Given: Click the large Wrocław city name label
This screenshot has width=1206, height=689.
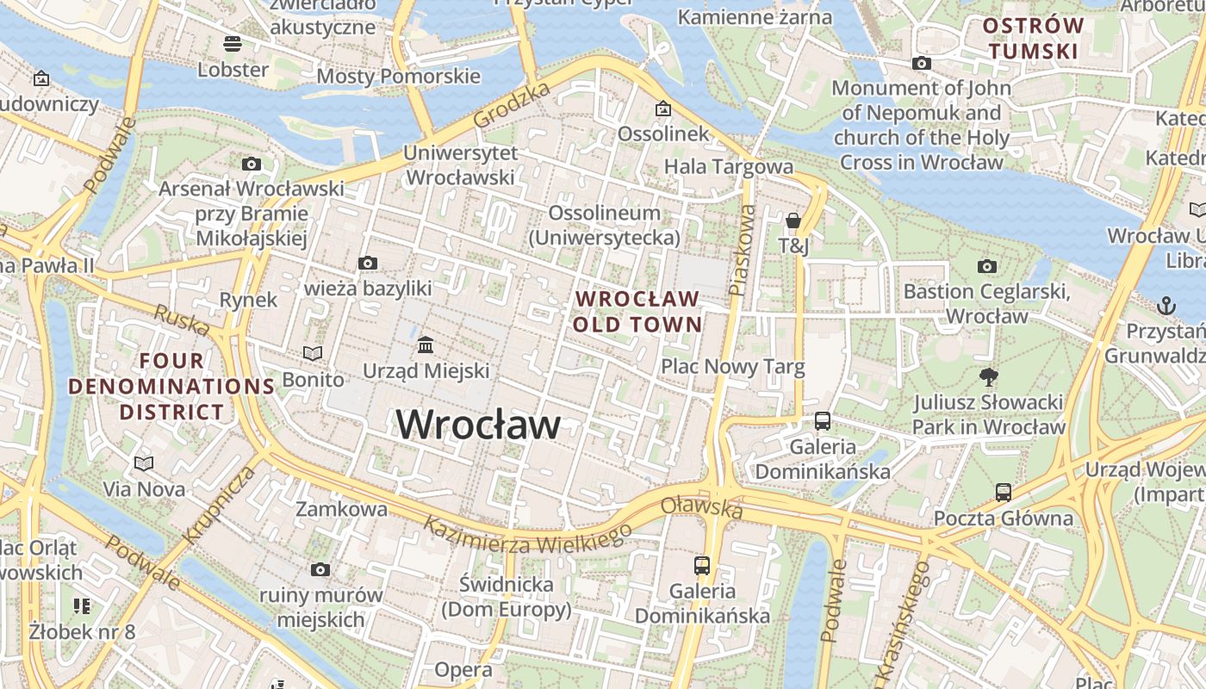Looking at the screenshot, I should pyautogui.click(x=478, y=425).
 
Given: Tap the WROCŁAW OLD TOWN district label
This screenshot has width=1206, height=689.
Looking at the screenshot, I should pyautogui.click(x=637, y=312).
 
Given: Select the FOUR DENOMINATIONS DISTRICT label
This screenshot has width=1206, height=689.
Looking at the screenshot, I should pyautogui.click(x=171, y=386).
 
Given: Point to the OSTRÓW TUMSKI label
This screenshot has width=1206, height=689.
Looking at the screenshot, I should pyautogui.click(x=1033, y=39).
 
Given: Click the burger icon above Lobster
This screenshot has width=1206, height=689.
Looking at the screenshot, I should pyautogui.click(x=233, y=43).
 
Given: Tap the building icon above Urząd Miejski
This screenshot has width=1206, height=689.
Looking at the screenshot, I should pyautogui.click(x=426, y=345).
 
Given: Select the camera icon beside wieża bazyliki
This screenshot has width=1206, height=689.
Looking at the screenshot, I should pyautogui.click(x=368, y=263).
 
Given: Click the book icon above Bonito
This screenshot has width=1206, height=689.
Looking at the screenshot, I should pyautogui.click(x=313, y=353).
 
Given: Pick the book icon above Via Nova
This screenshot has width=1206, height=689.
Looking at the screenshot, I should pyautogui.click(x=144, y=463).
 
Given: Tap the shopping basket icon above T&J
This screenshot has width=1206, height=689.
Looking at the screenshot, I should pyautogui.click(x=793, y=220).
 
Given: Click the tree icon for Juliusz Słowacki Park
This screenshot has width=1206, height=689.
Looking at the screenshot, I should pyautogui.click(x=988, y=376).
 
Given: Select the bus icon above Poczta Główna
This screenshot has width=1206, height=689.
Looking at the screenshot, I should pyautogui.click(x=1004, y=493).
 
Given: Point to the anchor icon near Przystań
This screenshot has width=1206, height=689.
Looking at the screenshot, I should pyautogui.click(x=1166, y=305).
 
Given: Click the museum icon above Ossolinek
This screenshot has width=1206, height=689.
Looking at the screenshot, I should pyautogui.click(x=662, y=109).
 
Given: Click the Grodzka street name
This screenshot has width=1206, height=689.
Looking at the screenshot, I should pyautogui.click(x=512, y=105).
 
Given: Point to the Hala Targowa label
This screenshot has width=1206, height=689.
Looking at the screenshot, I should pyautogui.click(x=728, y=165).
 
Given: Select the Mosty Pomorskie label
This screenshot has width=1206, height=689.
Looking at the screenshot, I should pyautogui.click(x=398, y=76).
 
